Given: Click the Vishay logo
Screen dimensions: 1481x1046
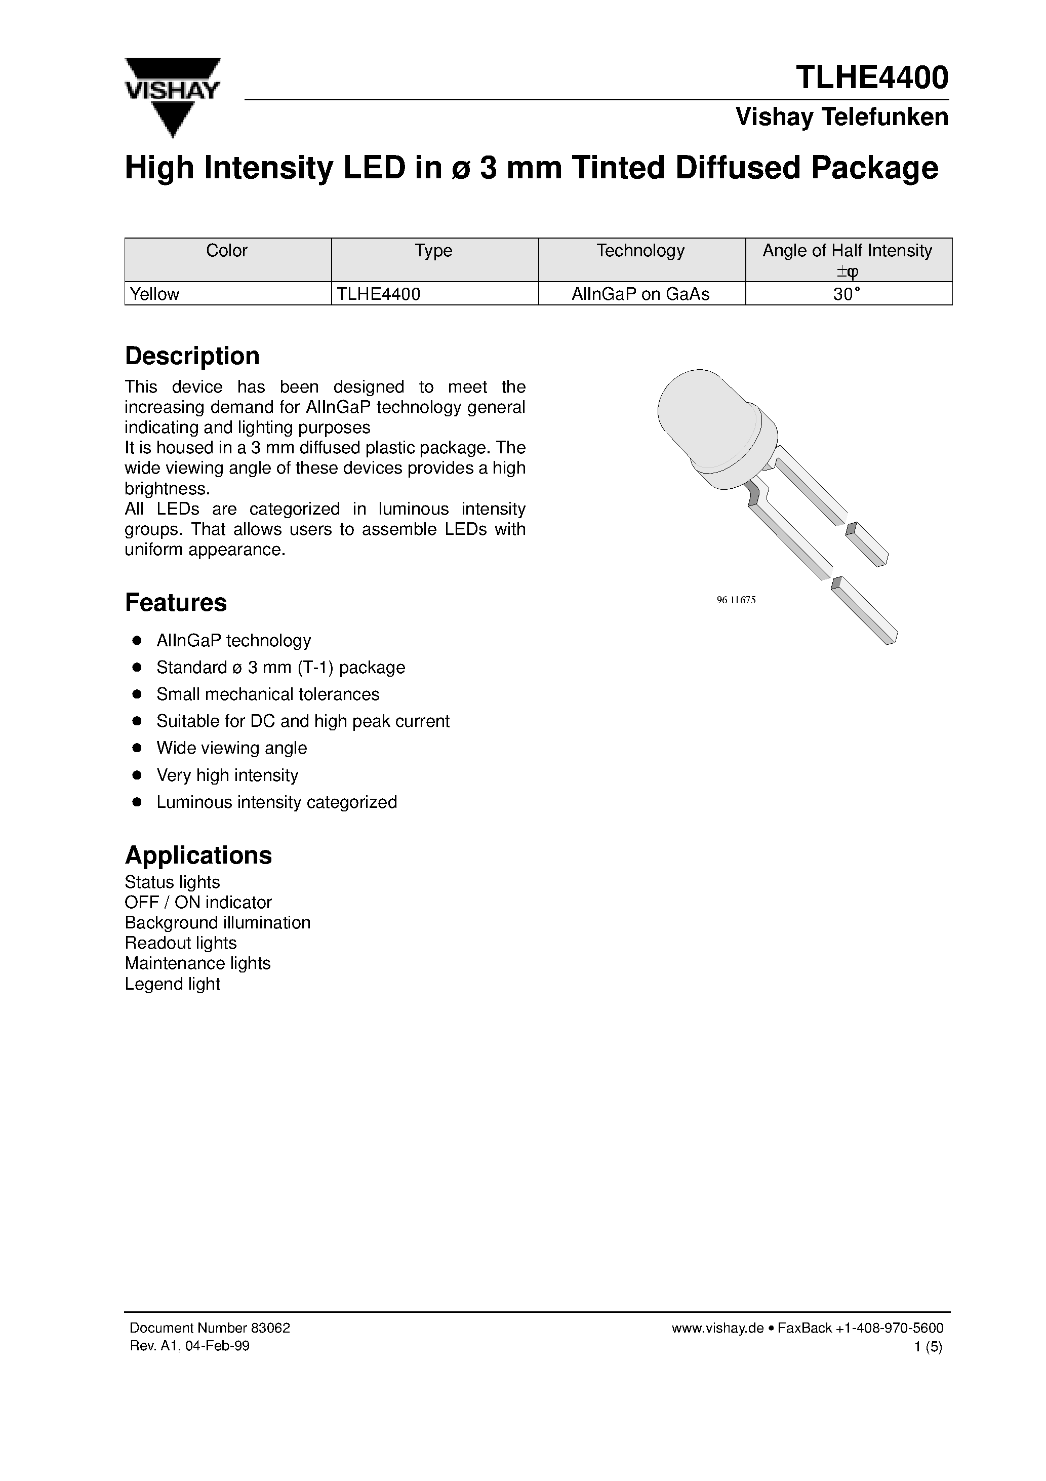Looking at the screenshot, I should tap(172, 96).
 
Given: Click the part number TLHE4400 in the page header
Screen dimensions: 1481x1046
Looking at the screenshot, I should tap(872, 77).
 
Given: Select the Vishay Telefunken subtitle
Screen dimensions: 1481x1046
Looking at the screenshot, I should tap(841, 117).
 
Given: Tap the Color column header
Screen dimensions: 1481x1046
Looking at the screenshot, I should tap(226, 250).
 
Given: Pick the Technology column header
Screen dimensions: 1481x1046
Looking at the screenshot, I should tap(640, 250).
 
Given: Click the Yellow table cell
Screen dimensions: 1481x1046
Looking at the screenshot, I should tap(155, 294).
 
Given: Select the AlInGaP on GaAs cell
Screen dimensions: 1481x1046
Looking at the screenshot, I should tap(640, 294).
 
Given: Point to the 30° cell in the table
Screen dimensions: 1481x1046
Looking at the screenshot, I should tap(847, 294).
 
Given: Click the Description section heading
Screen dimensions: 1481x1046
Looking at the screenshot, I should tap(192, 356).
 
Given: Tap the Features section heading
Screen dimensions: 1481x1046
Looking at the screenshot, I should tap(175, 602).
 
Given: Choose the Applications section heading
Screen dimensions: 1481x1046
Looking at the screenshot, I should tap(198, 855).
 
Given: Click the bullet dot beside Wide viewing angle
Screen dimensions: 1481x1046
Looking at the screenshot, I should tap(137, 748).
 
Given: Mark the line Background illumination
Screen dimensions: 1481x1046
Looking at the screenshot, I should tap(217, 922).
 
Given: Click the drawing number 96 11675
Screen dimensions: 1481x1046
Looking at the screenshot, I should tap(736, 600).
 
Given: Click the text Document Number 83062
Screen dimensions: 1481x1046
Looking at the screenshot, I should tap(210, 1328).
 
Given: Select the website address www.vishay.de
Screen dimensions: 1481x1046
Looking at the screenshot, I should tap(717, 1328).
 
